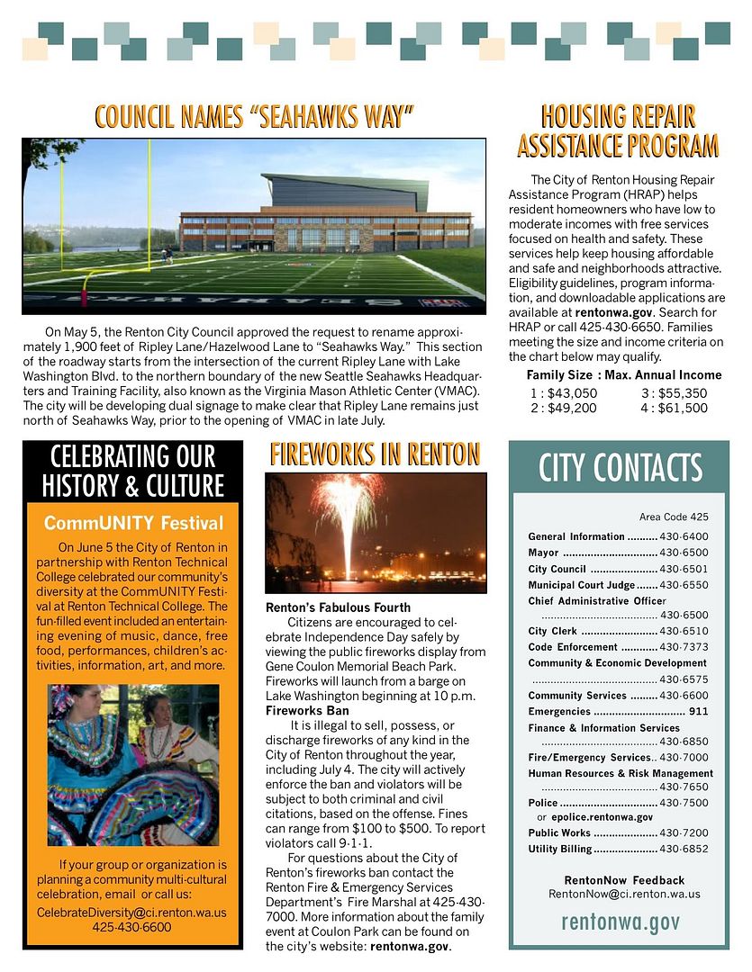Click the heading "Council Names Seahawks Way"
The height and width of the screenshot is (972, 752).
(x=254, y=116)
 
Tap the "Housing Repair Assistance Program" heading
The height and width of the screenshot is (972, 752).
(x=618, y=130)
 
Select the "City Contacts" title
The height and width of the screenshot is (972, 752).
(x=620, y=468)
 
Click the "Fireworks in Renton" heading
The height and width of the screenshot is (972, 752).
(x=375, y=454)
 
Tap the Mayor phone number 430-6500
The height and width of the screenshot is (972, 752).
(x=684, y=553)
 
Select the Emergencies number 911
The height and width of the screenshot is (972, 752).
(x=698, y=712)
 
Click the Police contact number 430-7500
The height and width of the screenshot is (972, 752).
(x=684, y=803)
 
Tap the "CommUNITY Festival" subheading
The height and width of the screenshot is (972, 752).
(x=133, y=523)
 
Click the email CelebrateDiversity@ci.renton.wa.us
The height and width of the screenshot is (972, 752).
(x=131, y=912)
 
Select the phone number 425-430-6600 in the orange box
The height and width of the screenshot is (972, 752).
(x=131, y=927)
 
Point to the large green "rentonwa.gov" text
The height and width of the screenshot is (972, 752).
(x=620, y=922)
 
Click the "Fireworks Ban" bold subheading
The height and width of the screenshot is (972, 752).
(x=307, y=711)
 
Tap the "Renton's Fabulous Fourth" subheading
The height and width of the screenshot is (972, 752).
(x=338, y=607)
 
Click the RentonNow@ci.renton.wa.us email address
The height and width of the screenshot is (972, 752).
(x=624, y=895)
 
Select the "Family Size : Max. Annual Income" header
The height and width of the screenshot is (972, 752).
(x=623, y=375)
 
